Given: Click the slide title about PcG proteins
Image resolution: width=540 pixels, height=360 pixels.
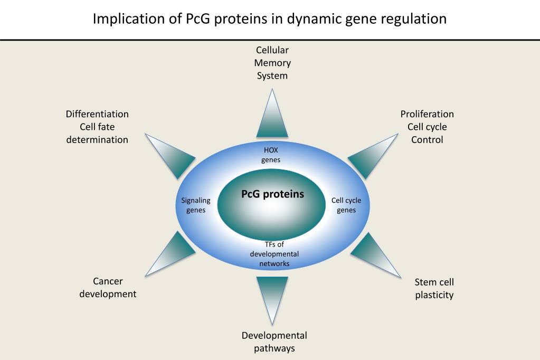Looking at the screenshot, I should pyautogui.click(x=269, y=19).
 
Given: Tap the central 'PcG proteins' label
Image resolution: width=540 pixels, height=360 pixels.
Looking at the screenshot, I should pyautogui.click(x=272, y=194).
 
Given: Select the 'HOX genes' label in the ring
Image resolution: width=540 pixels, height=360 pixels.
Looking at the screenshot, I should pyautogui.click(x=271, y=155).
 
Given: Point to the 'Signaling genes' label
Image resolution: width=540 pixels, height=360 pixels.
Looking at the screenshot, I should pyautogui.click(x=196, y=205).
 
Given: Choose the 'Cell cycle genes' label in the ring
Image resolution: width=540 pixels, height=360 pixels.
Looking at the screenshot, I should pyautogui.click(x=346, y=205).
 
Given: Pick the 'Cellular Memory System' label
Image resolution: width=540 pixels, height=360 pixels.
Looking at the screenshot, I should pyautogui.click(x=272, y=63).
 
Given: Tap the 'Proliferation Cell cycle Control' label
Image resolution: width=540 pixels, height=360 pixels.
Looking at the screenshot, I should pyautogui.click(x=427, y=127).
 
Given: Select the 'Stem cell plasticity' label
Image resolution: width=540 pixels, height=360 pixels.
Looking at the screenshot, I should pyautogui.click(x=434, y=288).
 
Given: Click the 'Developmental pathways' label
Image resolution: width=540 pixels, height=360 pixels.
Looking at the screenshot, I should pyautogui.click(x=274, y=342).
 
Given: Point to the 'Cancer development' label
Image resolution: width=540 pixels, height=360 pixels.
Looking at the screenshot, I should pyautogui.click(x=108, y=287).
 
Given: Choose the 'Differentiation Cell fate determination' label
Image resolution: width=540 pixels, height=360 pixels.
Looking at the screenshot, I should pyautogui.click(x=97, y=127).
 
